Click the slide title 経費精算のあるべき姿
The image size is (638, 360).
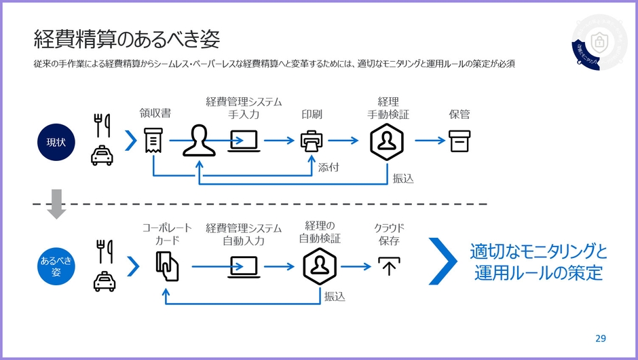coord(127,39)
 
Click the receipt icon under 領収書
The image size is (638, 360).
coord(153,141)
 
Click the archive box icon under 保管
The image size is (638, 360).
coord(459,141)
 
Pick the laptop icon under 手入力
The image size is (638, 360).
coord(244,141)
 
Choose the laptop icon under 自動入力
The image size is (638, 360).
coord(244,266)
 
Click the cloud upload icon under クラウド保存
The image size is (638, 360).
coord(388,266)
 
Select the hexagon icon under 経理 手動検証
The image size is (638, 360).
coord(387,141)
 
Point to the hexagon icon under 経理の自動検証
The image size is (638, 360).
coord(320,266)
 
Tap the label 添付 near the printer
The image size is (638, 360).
coord(329,167)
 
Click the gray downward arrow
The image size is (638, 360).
coord(56,204)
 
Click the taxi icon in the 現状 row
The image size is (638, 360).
coord(102,156)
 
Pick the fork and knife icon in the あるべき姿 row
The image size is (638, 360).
coord(104,251)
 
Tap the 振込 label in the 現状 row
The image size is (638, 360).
coord(402,178)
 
